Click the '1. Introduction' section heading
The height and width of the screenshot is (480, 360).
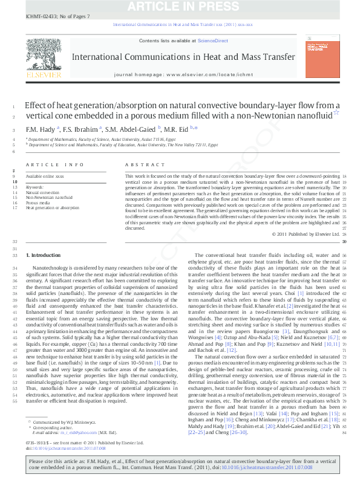pyautogui.click(x=45, y=256)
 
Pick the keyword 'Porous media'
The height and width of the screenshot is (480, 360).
pyautogui.click(x=37, y=203)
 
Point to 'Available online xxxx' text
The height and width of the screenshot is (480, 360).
pyautogui.click(x=44, y=175)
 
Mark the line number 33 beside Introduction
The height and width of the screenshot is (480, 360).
pyautogui.click(x=14, y=256)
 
